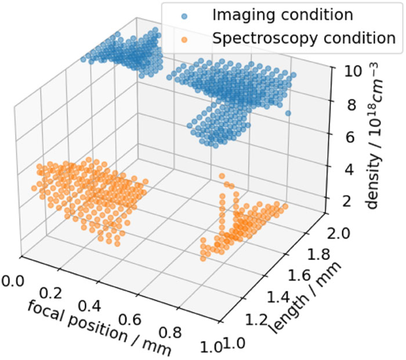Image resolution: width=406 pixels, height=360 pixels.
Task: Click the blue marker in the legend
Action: point(184,16)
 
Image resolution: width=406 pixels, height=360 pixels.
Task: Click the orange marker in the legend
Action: point(184,40)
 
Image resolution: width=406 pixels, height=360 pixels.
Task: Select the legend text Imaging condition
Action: point(282,15)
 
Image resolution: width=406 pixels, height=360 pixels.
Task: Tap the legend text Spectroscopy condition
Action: point(304,38)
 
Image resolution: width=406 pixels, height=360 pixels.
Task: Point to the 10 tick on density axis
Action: point(352,71)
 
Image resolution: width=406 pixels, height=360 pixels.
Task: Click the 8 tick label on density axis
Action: point(351,105)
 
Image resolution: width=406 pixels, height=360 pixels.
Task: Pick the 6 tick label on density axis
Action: point(350,138)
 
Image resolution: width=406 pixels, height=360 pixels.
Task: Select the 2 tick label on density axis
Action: point(348,201)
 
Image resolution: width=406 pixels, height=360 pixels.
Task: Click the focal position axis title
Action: point(99,328)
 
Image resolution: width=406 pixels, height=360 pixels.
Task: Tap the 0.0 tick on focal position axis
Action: point(13,281)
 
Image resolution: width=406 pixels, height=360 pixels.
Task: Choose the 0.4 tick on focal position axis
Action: point(89,307)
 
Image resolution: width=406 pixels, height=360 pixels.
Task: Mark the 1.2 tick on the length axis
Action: point(256,320)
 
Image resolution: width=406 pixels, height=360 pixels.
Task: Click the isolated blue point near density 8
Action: point(288,113)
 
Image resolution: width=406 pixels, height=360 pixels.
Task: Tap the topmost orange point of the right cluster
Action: point(222,177)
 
